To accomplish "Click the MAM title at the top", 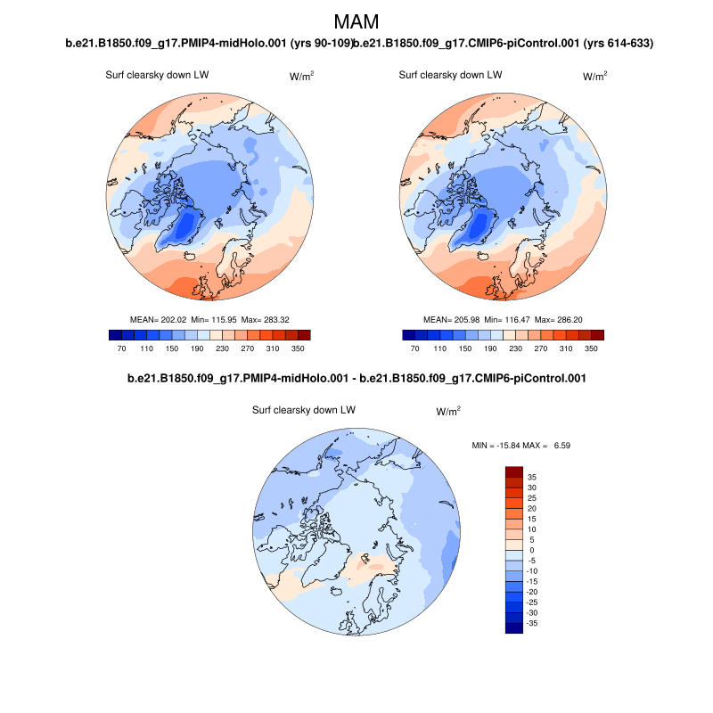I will (356, 21).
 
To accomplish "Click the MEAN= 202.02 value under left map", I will (160, 319).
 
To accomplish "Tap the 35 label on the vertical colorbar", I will (531, 477).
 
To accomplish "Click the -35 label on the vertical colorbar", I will (533, 624).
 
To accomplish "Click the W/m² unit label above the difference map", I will (448, 412).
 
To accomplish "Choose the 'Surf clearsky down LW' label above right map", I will (450, 75).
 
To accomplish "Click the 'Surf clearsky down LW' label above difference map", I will (304, 410).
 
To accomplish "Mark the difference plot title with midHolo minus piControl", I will (356, 379).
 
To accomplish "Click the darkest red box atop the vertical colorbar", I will (513, 471).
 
